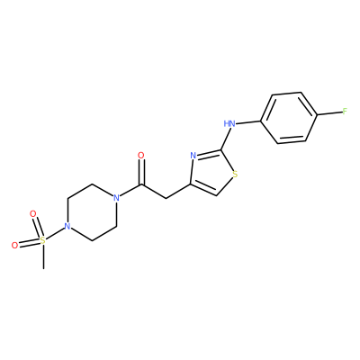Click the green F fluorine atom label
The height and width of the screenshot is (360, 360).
(345, 112)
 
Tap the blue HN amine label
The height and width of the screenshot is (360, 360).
(229, 123)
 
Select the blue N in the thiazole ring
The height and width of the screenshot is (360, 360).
(193, 156)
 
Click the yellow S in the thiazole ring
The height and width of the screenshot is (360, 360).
(235, 175)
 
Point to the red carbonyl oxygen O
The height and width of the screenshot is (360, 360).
(140, 156)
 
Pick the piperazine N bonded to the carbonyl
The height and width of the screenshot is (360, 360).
(116, 197)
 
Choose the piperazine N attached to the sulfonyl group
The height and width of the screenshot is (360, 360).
(67, 226)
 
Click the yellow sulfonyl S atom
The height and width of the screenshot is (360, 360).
(43, 240)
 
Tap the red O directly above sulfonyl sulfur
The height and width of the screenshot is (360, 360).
(33, 214)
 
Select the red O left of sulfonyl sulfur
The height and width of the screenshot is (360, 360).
(14, 245)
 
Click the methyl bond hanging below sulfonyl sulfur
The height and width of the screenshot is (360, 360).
(44, 256)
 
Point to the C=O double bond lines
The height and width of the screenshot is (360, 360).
(141, 172)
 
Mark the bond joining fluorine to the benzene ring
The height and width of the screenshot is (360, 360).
(329, 113)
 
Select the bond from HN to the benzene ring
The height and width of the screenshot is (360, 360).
(247, 121)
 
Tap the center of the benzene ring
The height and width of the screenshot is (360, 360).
(289, 118)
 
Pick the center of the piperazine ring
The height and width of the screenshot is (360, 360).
(92, 211)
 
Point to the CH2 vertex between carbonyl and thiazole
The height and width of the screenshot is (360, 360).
(166, 198)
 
